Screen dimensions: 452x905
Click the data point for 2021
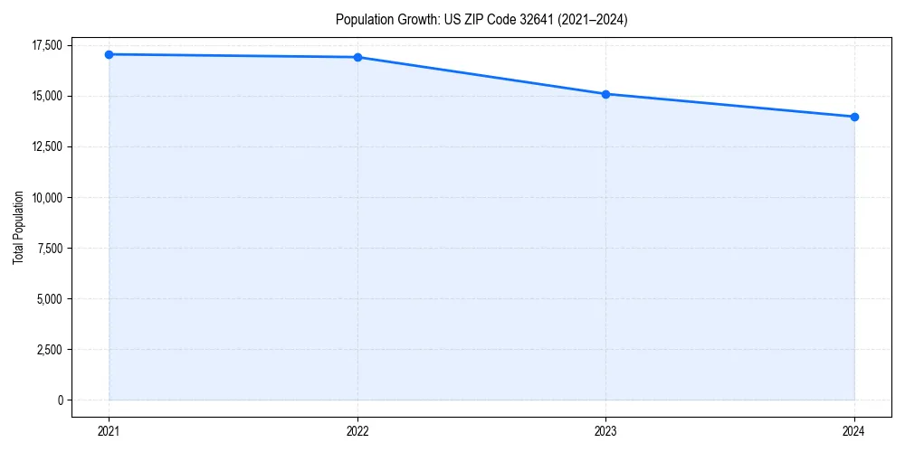point(109,54)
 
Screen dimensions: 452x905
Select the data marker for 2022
point(357,57)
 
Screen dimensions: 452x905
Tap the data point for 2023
point(605,94)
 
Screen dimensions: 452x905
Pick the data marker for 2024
point(854,117)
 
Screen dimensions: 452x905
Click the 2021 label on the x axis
point(109,431)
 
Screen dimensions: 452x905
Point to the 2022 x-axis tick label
point(357,431)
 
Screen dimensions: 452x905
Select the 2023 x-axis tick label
point(605,431)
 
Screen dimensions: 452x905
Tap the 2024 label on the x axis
point(854,431)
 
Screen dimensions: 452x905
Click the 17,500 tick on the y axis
point(47,45)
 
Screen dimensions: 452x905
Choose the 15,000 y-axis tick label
point(47,96)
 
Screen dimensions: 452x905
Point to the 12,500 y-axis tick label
point(47,146)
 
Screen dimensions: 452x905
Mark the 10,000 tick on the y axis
point(47,197)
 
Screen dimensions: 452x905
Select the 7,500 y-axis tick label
point(50,248)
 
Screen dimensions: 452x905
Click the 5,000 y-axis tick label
point(50,298)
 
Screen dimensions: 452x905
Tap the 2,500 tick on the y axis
point(50,349)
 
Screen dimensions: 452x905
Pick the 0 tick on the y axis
point(61,400)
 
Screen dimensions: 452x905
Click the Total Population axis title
point(18,228)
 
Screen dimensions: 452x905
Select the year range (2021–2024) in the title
point(592,19)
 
